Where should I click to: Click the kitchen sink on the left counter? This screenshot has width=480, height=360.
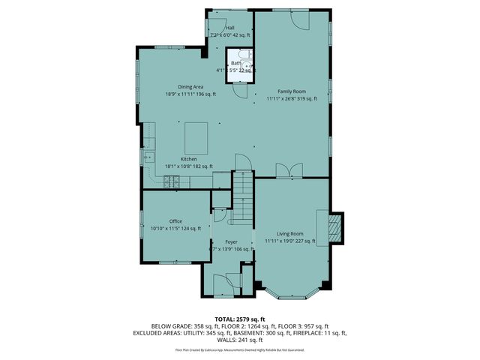tap(150, 158)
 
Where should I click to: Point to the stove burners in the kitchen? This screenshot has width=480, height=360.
tap(172, 180)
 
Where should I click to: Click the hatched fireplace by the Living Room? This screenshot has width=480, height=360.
tap(336, 229)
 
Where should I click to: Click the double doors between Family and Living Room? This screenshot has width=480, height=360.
tap(285, 172)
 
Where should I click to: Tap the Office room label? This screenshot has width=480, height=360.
tap(175, 221)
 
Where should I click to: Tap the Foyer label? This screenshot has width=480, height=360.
tap(231, 241)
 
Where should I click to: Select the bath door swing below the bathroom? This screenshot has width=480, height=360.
tap(239, 88)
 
